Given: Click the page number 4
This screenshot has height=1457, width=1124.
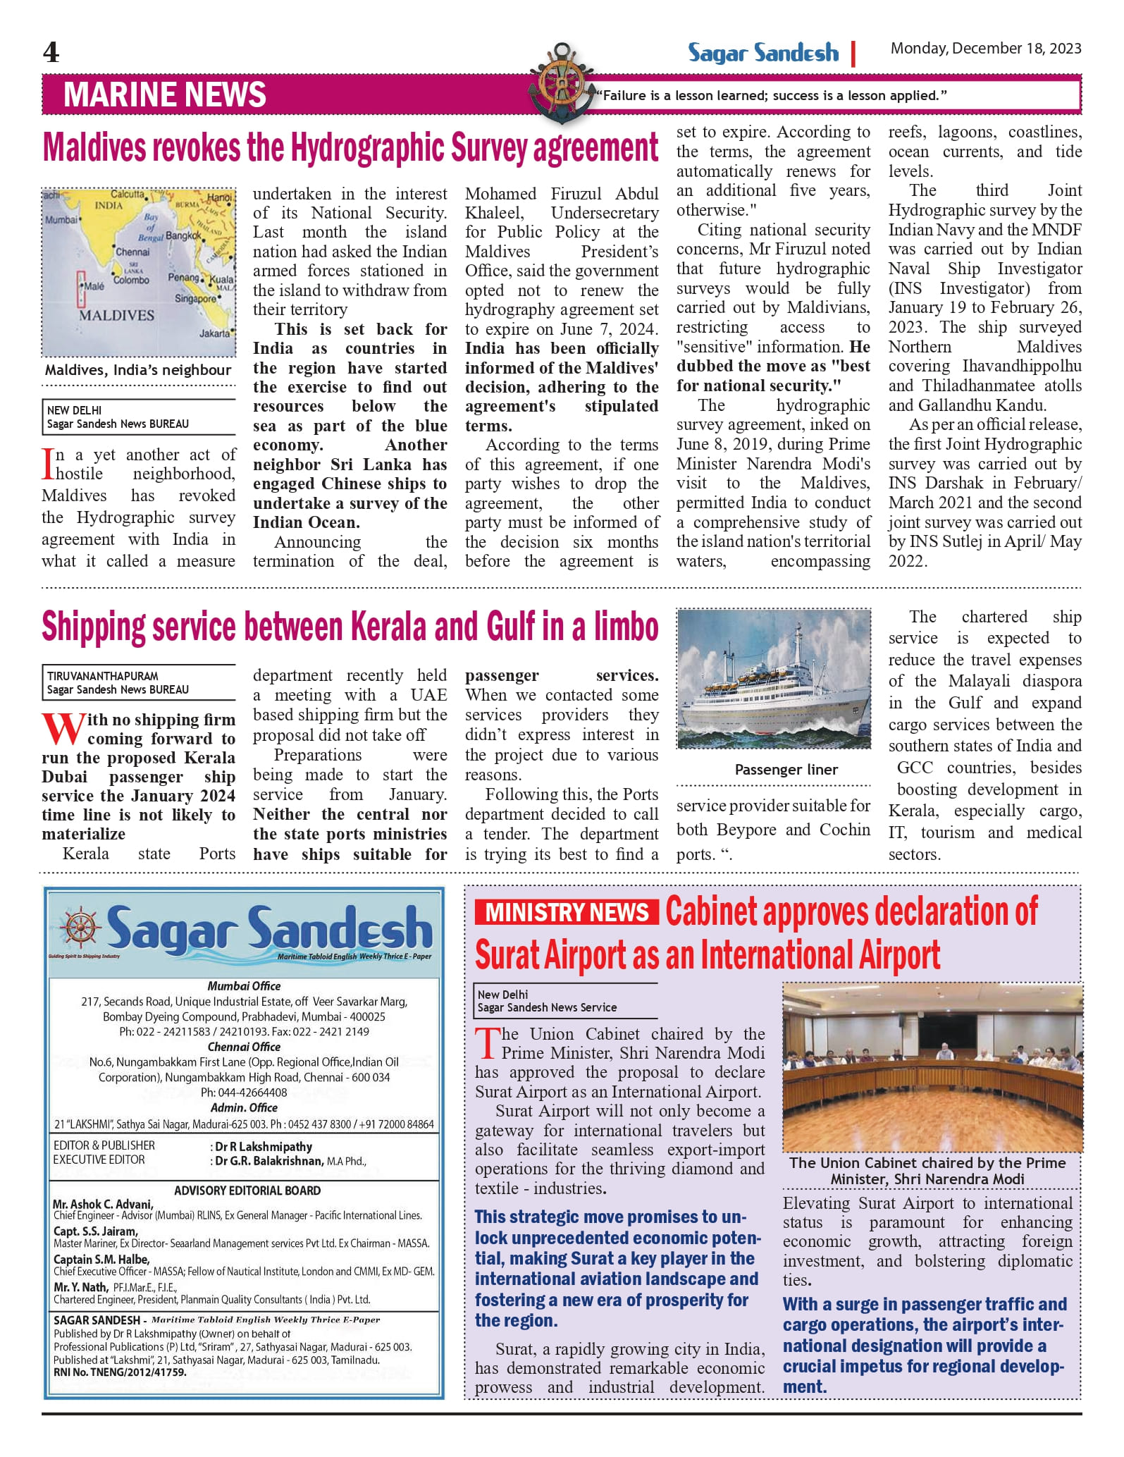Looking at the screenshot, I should (51, 52).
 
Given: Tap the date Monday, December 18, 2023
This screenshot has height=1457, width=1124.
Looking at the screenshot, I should (985, 49).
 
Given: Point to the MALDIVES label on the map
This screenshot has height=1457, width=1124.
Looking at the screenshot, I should (116, 315).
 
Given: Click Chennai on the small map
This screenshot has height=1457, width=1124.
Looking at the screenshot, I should (132, 252).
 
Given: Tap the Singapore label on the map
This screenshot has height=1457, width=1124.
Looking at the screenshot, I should (195, 299).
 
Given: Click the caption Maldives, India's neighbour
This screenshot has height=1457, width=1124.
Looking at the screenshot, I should (138, 370).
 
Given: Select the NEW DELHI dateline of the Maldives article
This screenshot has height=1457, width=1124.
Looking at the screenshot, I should (74, 410).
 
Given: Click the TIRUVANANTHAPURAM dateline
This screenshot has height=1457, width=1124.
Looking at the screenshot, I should (102, 676).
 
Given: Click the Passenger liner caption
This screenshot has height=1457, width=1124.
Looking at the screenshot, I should (786, 770).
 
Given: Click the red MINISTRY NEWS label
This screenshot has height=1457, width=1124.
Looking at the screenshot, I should (567, 912).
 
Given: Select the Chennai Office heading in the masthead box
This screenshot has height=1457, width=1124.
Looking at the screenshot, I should (244, 1047).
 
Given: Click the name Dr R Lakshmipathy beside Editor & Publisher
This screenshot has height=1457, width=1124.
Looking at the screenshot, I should (264, 1147).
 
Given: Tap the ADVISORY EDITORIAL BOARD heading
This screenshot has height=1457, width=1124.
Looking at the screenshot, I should (247, 1191).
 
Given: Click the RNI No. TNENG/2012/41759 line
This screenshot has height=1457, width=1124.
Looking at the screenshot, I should (120, 1372).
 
